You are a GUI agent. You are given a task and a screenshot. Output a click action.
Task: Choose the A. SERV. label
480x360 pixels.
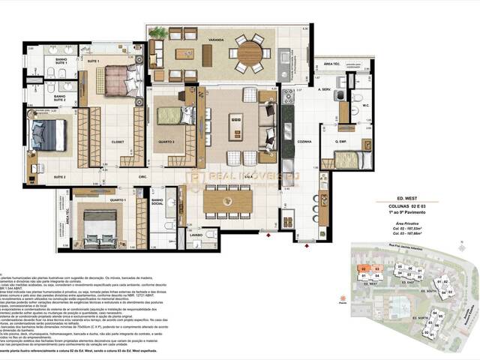tap(324, 90)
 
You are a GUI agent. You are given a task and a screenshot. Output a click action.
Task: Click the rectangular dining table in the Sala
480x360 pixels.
tap(231, 196)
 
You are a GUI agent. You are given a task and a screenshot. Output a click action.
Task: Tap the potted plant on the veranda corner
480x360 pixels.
tap(158, 33)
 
